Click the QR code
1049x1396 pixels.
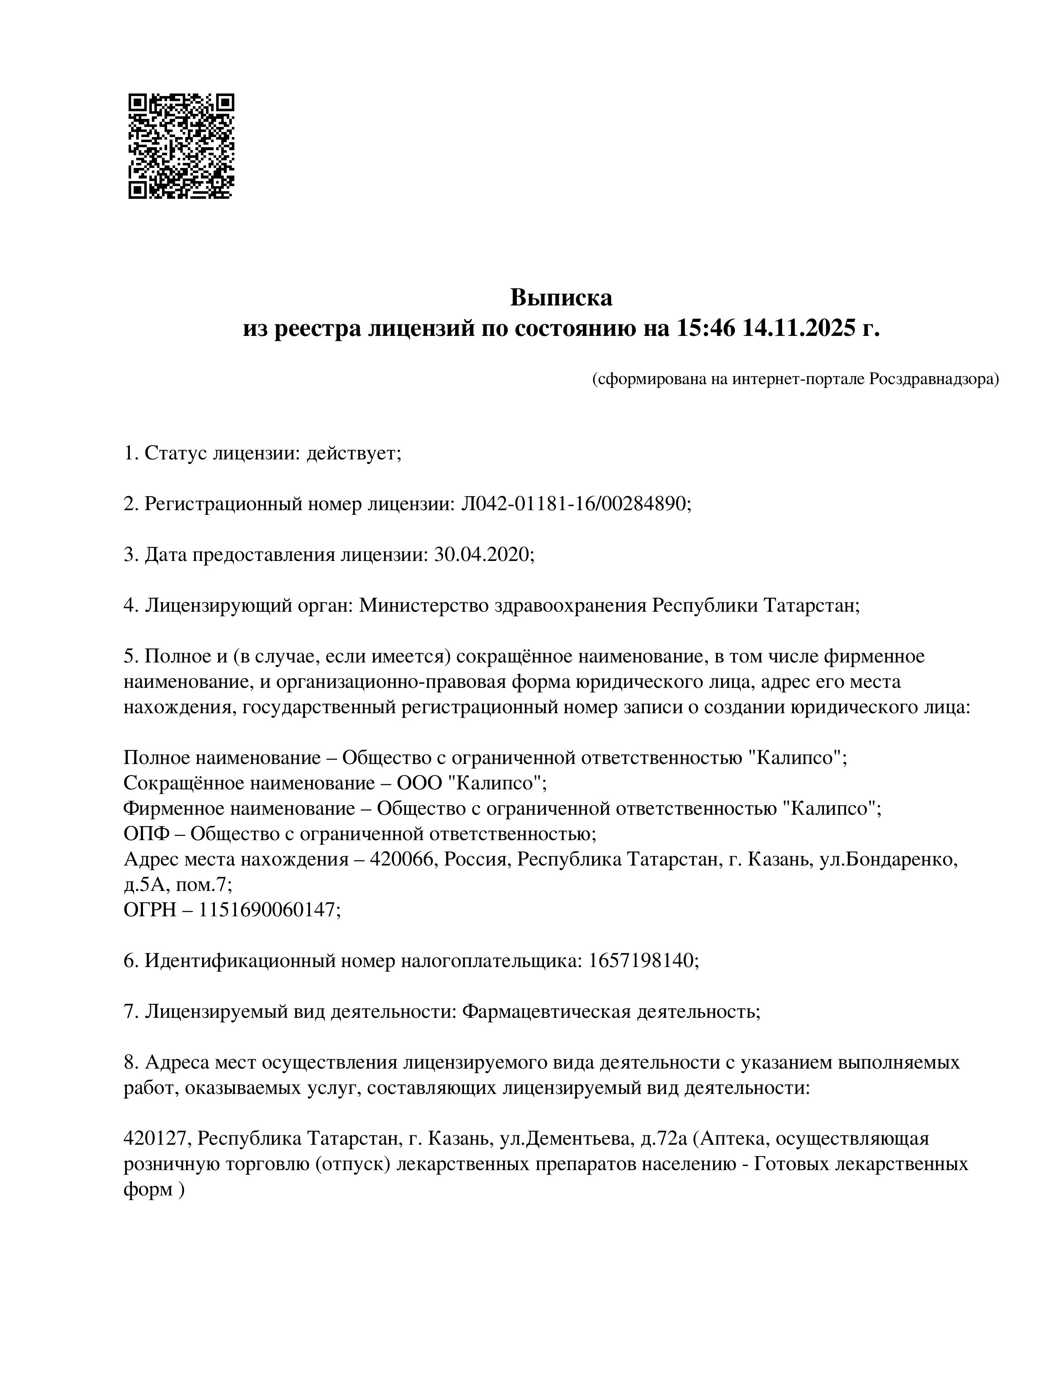tap(181, 146)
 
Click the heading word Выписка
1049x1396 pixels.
tap(561, 297)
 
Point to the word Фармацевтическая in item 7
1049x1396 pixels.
tap(546, 1011)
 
